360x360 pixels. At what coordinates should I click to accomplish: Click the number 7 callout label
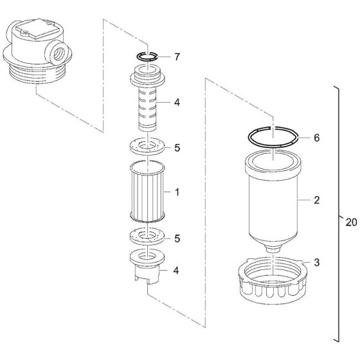[x=176, y=58]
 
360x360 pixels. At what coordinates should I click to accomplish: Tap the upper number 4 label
[x=176, y=102]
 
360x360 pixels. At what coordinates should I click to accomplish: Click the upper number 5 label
[x=176, y=147]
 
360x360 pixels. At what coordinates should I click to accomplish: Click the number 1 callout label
[x=176, y=192]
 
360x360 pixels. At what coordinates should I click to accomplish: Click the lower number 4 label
[x=176, y=270]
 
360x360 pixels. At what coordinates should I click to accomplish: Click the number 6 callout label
[x=316, y=138]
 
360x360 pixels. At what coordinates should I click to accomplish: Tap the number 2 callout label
[x=316, y=201]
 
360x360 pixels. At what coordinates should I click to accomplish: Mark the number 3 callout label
[x=316, y=263]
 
